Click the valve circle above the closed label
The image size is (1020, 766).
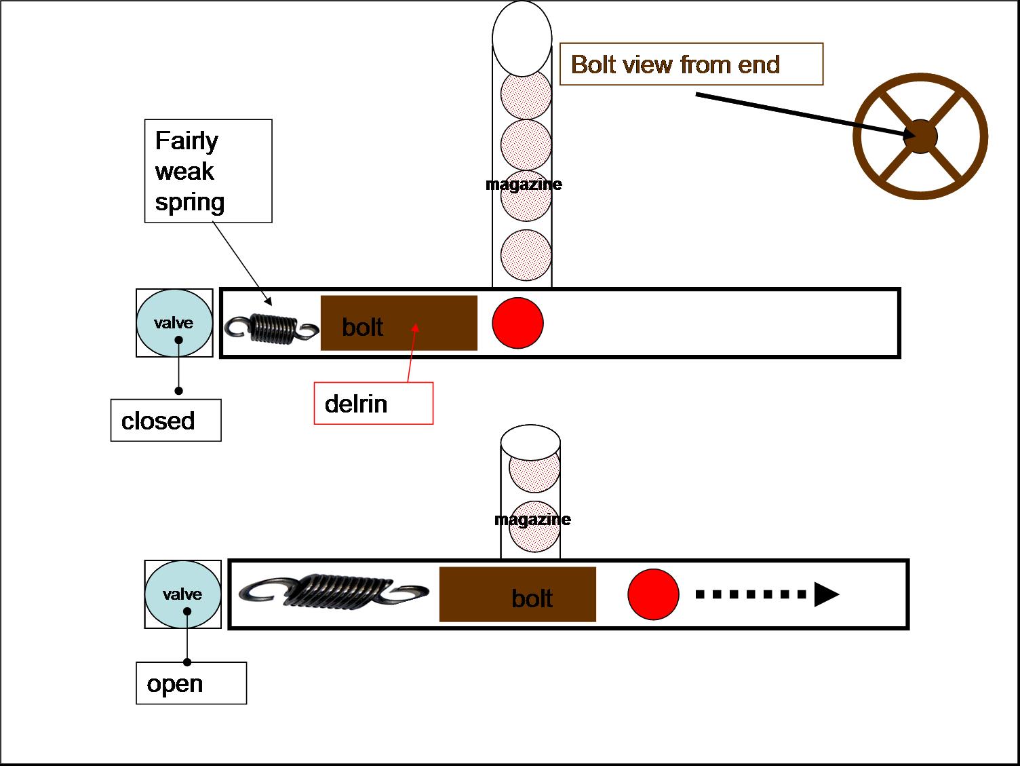tap(174, 323)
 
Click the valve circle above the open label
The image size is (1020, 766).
tap(182, 594)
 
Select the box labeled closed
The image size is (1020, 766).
tap(165, 421)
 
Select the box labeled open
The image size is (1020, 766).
tap(191, 683)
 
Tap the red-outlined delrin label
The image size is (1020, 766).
tap(373, 404)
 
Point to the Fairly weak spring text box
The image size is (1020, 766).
tap(208, 171)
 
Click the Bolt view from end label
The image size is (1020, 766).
tap(691, 64)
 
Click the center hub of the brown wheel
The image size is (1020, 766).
tap(920, 136)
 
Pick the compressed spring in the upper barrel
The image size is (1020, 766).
tap(271, 328)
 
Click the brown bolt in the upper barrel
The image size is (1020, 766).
tap(399, 324)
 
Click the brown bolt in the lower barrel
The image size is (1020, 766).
tap(517, 595)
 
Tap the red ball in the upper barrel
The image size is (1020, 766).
tap(517, 323)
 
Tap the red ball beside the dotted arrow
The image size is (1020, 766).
tap(653, 595)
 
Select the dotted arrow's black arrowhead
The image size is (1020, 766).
tap(825, 594)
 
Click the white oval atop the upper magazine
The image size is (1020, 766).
tap(522, 38)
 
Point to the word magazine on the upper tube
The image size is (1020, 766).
tap(524, 185)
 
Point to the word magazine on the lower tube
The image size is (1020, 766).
tap(532, 520)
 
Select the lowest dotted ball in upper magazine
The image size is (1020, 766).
tap(526, 254)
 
